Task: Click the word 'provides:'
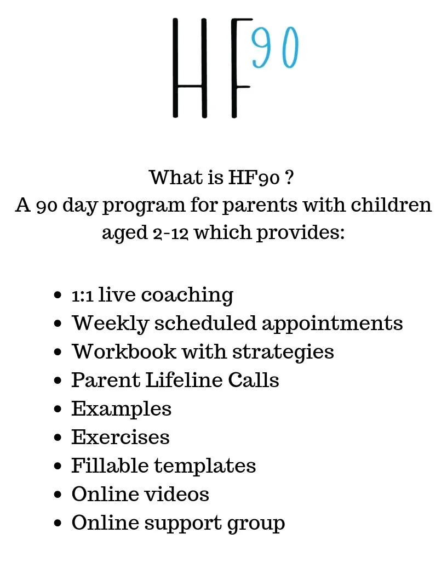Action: tap(301, 233)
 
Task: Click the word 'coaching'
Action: tap(187, 296)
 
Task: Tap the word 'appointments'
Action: tap(333, 323)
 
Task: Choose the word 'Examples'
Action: tap(122, 409)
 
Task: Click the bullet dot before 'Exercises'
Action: tap(58, 438)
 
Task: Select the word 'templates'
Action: tap(205, 466)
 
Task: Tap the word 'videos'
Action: tap(181, 494)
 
